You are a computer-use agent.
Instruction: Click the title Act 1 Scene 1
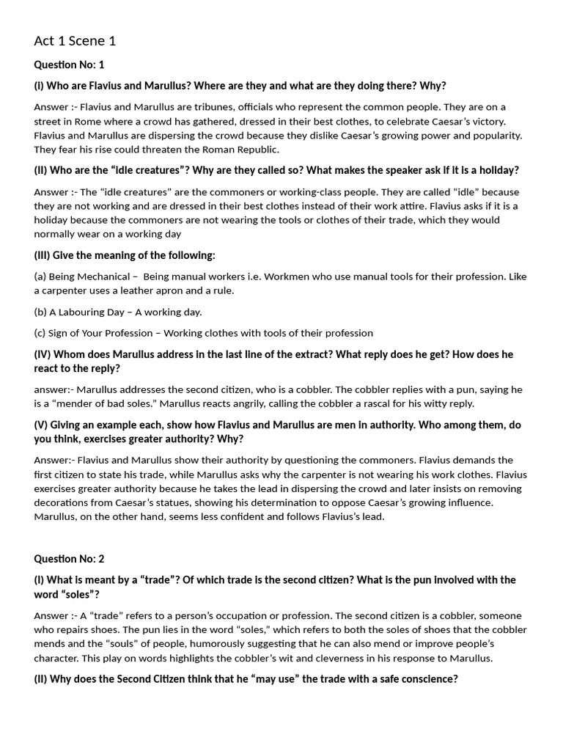click(x=75, y=41)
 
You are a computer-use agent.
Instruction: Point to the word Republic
click(x=255, y=150)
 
